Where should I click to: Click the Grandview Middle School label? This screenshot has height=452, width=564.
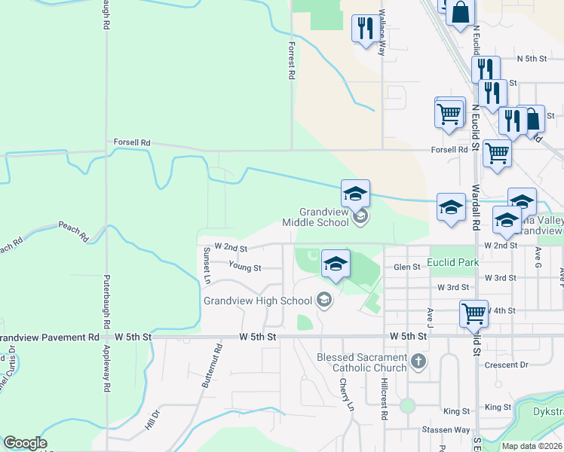pos(315,217)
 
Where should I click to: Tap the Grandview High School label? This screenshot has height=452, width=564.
pos(257,301)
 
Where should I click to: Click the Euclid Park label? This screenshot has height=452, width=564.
pos(452,262)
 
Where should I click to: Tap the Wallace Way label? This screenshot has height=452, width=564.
pos(382,33)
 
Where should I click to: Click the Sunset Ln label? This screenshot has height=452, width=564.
pos(205,264)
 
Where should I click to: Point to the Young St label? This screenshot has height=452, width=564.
pos(245,267)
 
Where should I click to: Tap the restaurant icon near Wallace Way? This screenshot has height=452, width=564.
pos(366,29)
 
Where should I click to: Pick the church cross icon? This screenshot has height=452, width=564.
pos(420,363)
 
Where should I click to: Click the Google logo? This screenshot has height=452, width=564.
pos(25,443)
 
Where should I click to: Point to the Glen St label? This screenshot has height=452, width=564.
pos(406,267)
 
